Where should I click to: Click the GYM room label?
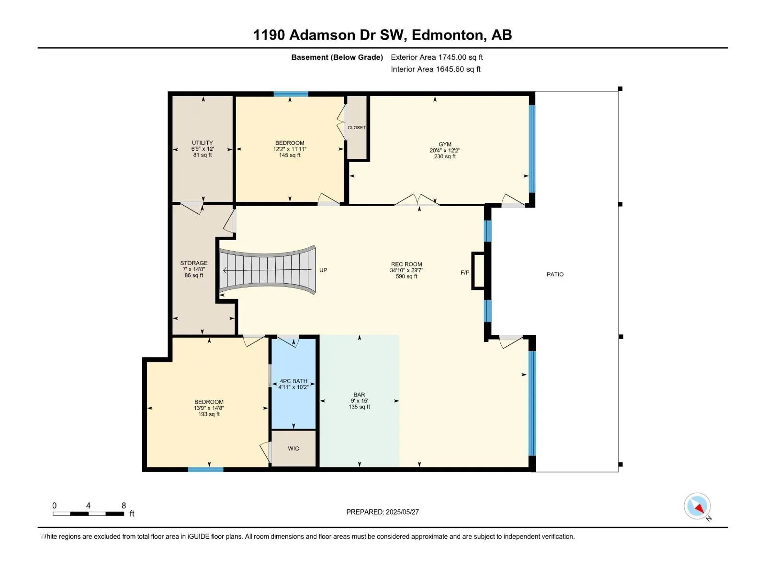click(445, 144)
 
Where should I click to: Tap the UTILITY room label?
click(203, 143)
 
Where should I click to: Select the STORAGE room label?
click(194, 263)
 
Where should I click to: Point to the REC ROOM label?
click(406, 264)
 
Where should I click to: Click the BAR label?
click(359, 395)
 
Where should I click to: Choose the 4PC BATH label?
click(293, 381)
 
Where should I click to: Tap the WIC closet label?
click(293, 449)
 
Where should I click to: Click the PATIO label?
click(555, 275)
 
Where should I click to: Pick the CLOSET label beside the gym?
click(357, 128)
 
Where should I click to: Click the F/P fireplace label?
click(465, 273)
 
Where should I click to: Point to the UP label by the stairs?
click(323, 270)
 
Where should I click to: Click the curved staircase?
click(268, 270)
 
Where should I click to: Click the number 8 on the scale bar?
click(124, 505)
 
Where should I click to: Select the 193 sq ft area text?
click(209, 414)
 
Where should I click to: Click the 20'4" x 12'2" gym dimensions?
click(445, 151)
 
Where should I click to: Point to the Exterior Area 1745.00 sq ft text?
click(437, 57)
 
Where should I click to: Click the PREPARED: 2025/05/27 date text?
click(383, 512)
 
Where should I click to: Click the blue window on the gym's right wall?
click(532, 149)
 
